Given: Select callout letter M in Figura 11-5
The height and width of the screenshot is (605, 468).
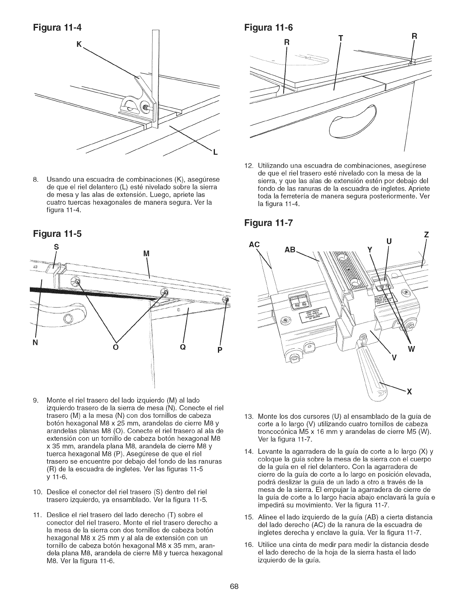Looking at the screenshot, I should click(145, 254).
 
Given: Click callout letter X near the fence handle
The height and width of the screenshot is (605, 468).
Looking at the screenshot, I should click(409, 391).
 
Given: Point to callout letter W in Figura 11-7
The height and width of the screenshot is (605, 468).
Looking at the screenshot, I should click(411, 349).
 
